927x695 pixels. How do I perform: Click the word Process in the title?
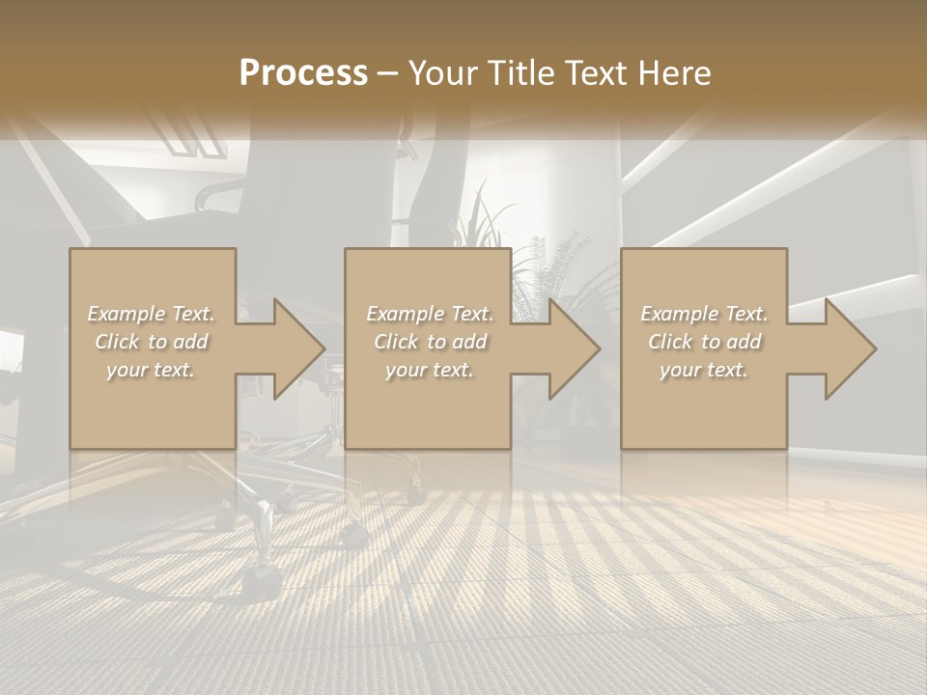[x=303, y=73]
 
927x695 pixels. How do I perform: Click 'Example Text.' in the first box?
[x=151, y=314]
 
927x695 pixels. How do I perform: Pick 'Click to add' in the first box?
[x=151, y=342]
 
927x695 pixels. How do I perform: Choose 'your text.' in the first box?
[x=151, y=370]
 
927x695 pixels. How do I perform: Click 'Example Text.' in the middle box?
[x=430, y=314]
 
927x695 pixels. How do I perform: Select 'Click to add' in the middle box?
[x=430, y=342]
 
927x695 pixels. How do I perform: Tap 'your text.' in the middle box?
[x=430, y=370]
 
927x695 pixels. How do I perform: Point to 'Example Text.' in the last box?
[x=704, y=314]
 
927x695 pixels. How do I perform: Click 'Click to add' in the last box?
[x=704, y=342]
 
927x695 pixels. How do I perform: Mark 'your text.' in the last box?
[x=704, y=370]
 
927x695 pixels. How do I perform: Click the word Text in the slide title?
[x=597, y=73]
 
